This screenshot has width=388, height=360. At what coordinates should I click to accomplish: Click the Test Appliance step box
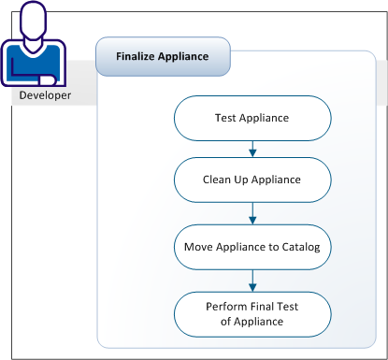click(x=252, y=119)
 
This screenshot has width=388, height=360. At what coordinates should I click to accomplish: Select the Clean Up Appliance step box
click(x=252, y=177)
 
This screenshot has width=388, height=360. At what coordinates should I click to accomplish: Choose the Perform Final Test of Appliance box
click(x=252, y=313)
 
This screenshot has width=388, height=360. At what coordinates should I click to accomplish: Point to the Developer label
click(x=45, y=94)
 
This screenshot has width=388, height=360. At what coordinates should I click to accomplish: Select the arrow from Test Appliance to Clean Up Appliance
click(x=252, y=148)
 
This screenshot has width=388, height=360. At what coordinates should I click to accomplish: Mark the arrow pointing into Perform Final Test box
click(x=252, y=281)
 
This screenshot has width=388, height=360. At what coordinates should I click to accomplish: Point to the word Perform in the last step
click(x=227, y=307)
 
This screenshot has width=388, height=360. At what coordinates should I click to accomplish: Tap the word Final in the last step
click(x=267, y=307)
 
